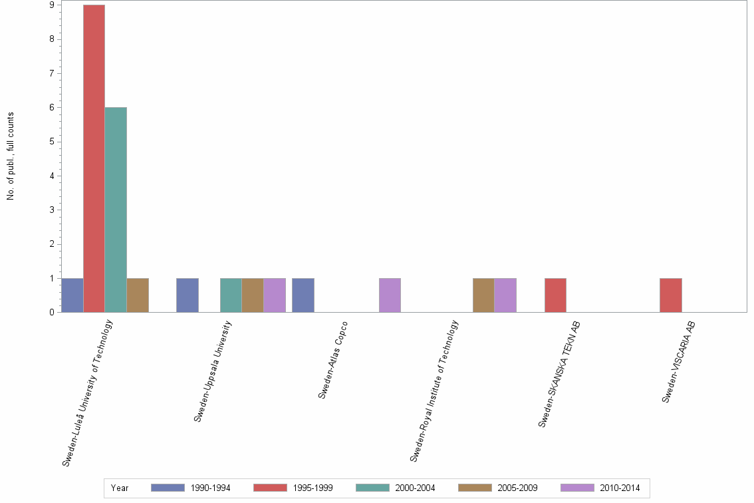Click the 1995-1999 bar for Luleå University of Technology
pyautogui.click(x=94, y=158)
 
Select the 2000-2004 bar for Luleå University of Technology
pyautogui.click(x=116, y=210)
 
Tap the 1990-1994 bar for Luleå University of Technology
pyautogui.click(x=72, y=295)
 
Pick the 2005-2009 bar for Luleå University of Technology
pyautogui.click(x=138, y=295)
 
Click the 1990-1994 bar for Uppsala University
pyautogui.click(x=188, y=295)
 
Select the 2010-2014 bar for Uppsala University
pyautogui.click(x=275, y=295)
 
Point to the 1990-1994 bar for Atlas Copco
pyautogui.click(x=303, y=295)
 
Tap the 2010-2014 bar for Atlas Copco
pyautogui.click(x=390, y=295)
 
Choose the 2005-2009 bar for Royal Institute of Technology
pyautogui.click(x=483, y=295)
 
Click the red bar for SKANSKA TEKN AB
pyautogui.click(x=555, y=295)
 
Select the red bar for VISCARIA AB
pyautogui.click(x=671, y=295)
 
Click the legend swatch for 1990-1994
pyautogui.click(x=168, y=488)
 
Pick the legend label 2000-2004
pyautogui.click(x=416, y=488)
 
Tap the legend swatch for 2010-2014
pyautogui.click(x=577, y=488)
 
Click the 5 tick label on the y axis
pyautogui.click(x=51, y=142)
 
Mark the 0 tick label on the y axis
pyautogui.click(x=51, y=313)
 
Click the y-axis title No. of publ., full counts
pyautogui.click(x=11, y=156)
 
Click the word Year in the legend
pyautogui.click(x=120, y=488)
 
